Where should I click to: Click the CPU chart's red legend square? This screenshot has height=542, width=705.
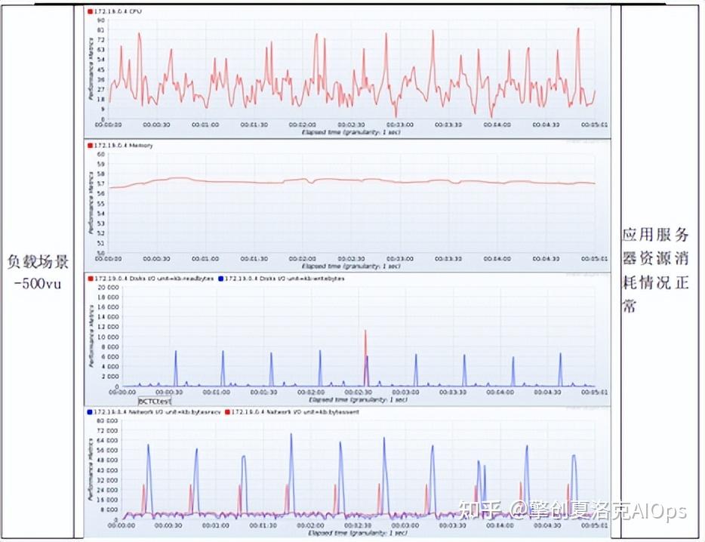[90, 12]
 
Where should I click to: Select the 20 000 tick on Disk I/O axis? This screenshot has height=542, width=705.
[109, 288]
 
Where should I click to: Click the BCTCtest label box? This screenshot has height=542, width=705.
[155, 401]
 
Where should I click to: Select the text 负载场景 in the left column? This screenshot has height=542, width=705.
[38, 263]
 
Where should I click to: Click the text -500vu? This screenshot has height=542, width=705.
[38, 285]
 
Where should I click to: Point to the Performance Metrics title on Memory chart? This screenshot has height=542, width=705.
[91, 204]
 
